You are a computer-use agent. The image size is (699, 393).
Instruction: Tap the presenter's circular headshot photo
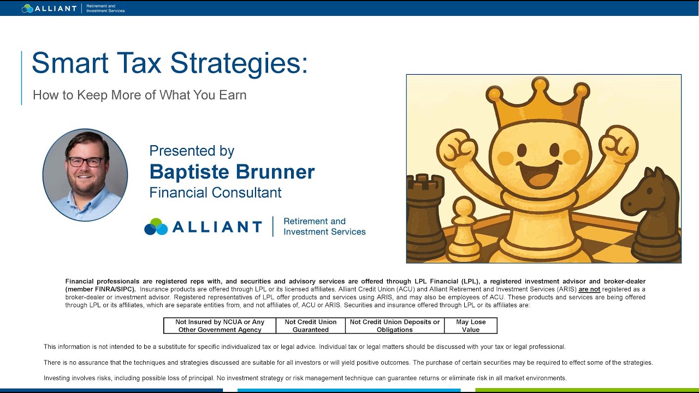click(85, 175)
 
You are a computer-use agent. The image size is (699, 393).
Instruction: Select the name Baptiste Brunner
click(232, 172)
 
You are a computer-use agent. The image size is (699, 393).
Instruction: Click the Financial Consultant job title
click(215, 193)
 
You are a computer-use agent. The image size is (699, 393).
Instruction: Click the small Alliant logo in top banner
click(49, 8)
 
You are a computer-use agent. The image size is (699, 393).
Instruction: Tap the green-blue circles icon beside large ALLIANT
click(156, 227)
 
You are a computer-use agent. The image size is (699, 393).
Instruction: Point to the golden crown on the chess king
click(538, 109)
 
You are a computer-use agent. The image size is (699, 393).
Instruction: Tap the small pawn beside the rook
click(464, 229)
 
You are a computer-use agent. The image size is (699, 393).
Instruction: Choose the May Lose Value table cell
click(471, 326)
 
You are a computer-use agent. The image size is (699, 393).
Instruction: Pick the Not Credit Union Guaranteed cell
click(311, 326)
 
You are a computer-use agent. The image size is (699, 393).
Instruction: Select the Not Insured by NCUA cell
click(220, 326)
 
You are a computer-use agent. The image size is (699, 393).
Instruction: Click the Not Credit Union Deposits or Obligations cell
click(395, 326)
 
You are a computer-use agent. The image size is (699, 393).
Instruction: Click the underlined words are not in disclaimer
click(589, 289)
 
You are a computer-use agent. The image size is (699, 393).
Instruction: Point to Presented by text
click(192, 151)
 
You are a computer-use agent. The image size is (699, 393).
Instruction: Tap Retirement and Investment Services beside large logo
click(324, 227)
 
